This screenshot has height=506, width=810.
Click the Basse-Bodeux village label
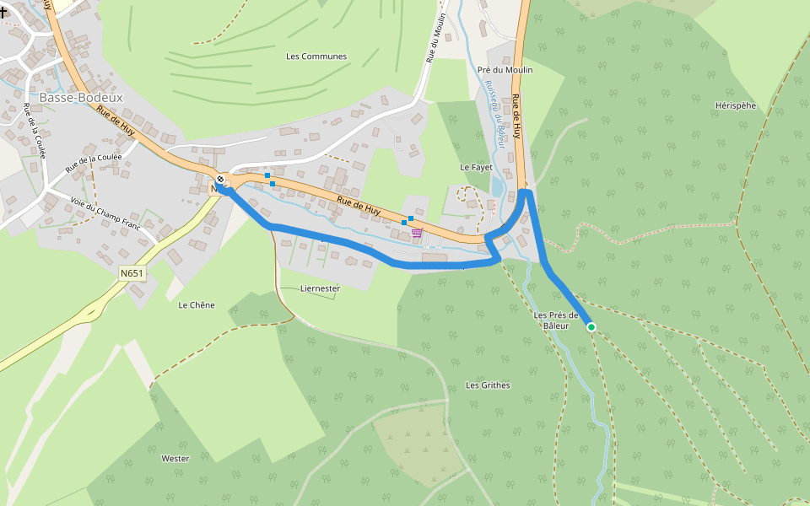coord(81,97)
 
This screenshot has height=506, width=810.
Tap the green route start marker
coord(591,327)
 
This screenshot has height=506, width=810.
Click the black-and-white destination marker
coord(220,179)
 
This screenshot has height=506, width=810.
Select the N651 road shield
coord(132,273)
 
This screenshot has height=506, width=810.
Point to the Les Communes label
coord(316,57)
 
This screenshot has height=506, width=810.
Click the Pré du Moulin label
coord(505,70)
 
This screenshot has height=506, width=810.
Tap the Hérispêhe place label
coord(735,105)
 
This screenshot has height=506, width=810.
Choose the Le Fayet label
coord(476,167)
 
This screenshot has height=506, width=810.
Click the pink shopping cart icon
coord(417,233)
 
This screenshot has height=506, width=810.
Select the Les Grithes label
coord(488,385)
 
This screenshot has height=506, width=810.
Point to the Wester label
coord(175,459)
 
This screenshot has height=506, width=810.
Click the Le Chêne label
coord(197,305)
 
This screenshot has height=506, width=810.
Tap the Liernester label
coord(320,288)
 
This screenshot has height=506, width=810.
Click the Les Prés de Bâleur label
coord(555,320)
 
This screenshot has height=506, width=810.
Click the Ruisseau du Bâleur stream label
coord(493,115)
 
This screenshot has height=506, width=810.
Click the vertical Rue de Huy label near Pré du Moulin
coord(516,117)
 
